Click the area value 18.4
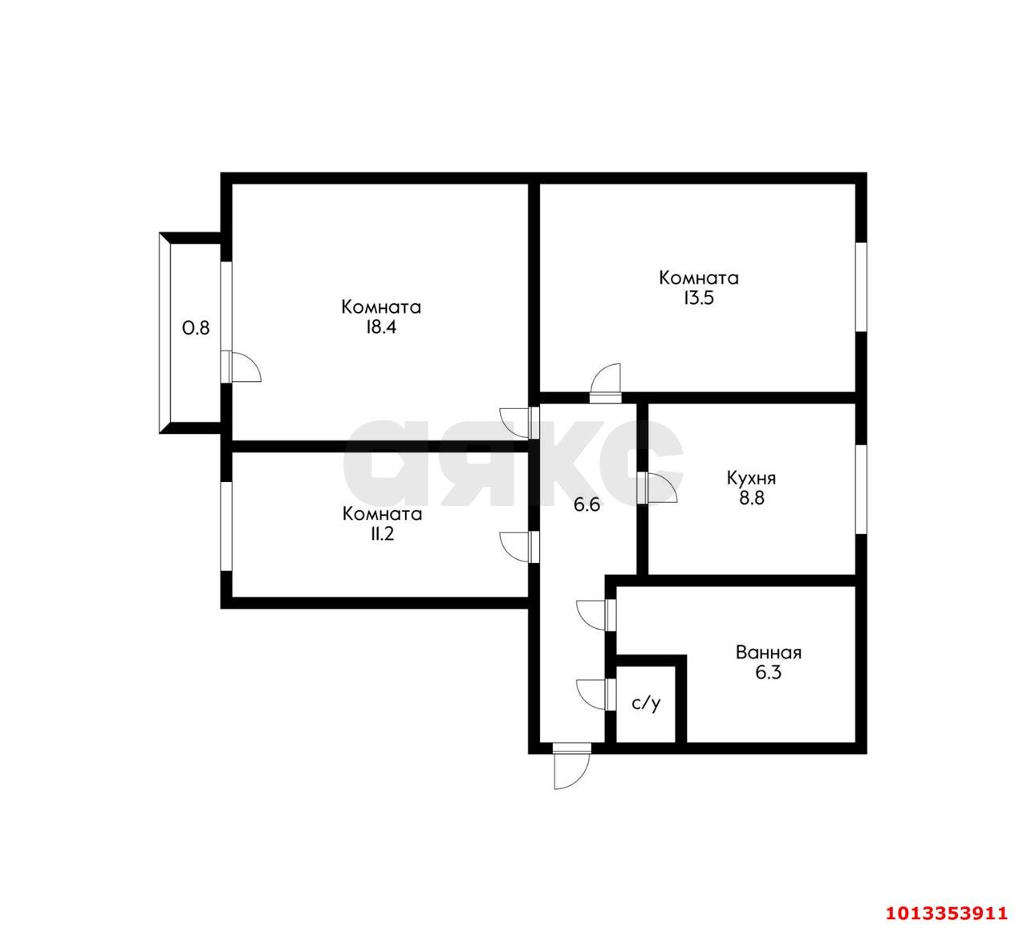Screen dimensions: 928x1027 pos(381,327)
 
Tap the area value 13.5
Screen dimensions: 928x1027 pos(698,298)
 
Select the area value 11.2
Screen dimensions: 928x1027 pos(381,534)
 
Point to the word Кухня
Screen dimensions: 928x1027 pos(751,478)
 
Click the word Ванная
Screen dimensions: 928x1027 pos(768,652)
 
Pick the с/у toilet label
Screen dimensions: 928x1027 pos(646,704)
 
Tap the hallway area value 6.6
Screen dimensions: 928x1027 pos(587,505)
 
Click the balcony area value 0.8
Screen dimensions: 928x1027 pos(196,327)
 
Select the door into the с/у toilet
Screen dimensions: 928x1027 pos(594,694)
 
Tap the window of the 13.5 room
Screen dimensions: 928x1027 pos(860,286)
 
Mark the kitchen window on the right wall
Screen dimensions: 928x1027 pos(860,488)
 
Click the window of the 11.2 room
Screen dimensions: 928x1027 pos(226,525)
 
